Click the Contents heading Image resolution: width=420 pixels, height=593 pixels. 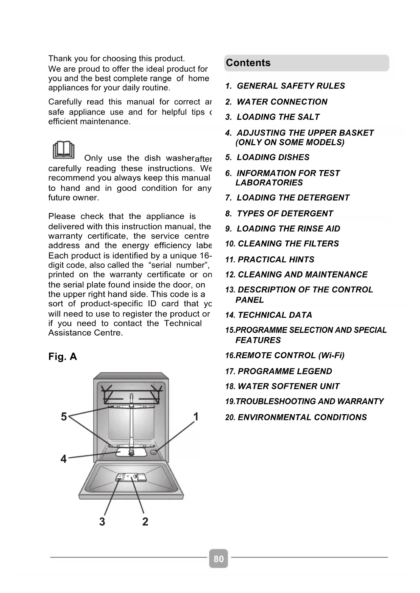click(248, 63)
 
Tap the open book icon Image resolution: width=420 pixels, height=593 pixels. click(64, 150)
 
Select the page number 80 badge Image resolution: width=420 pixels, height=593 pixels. click(219, 559)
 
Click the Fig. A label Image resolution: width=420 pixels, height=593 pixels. click(63, 357)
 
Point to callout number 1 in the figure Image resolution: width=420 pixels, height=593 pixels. click(195, 417)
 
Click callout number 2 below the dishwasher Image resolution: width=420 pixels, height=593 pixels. click(145, 521)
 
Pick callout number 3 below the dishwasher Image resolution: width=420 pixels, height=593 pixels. click(102, 521)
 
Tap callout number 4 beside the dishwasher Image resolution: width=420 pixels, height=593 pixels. click(64, 459)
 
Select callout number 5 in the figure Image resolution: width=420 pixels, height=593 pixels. click(64, 417)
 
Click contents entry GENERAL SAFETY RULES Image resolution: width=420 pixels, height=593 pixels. click(290, 86)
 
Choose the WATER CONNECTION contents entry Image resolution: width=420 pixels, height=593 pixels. click(282, 102)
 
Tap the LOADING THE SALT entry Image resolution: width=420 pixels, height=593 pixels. click(278, 117)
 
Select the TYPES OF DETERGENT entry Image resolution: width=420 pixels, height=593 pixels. click(285, 214)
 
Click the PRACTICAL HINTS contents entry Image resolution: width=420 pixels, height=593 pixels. click(275, 260)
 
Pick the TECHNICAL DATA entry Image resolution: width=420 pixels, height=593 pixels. click(274, 315)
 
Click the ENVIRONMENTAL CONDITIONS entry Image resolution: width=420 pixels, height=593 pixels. click(302, 417)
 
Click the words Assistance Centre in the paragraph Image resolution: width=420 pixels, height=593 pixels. click(85, 333)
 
